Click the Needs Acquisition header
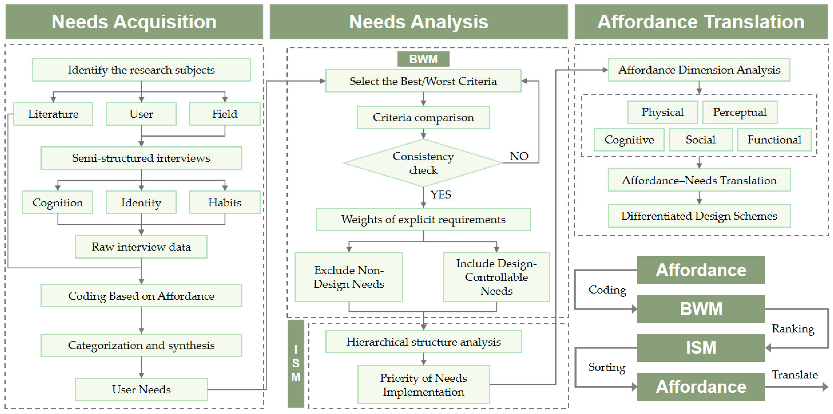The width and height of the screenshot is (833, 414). tap(134, 22)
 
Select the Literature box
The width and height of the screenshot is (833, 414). tap(53, 114)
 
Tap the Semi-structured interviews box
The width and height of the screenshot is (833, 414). tap(141, 158)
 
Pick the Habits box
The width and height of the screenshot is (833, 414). tap(225, 202)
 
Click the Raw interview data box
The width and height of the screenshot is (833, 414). tap(141, 247)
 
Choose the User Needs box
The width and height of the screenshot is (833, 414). tap(141, 389)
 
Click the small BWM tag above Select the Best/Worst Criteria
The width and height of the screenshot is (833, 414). tap(423, 59)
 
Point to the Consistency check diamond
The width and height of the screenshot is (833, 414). tap(423, 163)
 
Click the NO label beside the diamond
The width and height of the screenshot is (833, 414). tap(519, 156)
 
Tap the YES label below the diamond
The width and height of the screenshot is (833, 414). tap(441, 195)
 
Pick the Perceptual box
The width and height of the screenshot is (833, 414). tap(740, 112)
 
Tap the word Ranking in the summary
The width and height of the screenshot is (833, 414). tap(793, 329)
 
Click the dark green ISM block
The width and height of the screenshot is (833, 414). tap(701, 348)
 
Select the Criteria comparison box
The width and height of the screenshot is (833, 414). tap(423, 117)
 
